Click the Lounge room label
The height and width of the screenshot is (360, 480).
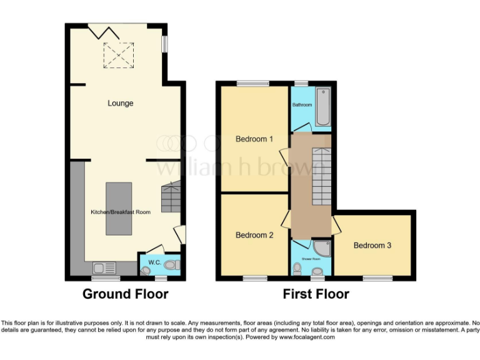coord(120,103)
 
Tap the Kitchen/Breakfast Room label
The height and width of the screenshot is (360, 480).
coord(121,212)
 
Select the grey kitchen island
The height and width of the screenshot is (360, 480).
coord(119,208)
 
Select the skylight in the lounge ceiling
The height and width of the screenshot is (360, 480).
coord(119,54)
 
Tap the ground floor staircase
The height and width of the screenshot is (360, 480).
coord(171,197)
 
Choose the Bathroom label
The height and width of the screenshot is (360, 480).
coord(302,105)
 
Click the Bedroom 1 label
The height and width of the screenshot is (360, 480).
coord(254,139)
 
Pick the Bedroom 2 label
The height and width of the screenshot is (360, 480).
coord(254,236)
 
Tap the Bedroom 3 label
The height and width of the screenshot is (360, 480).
coord(372,246)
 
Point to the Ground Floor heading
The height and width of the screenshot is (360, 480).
coord(126,294)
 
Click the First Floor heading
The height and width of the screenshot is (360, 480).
coord(316,294)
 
